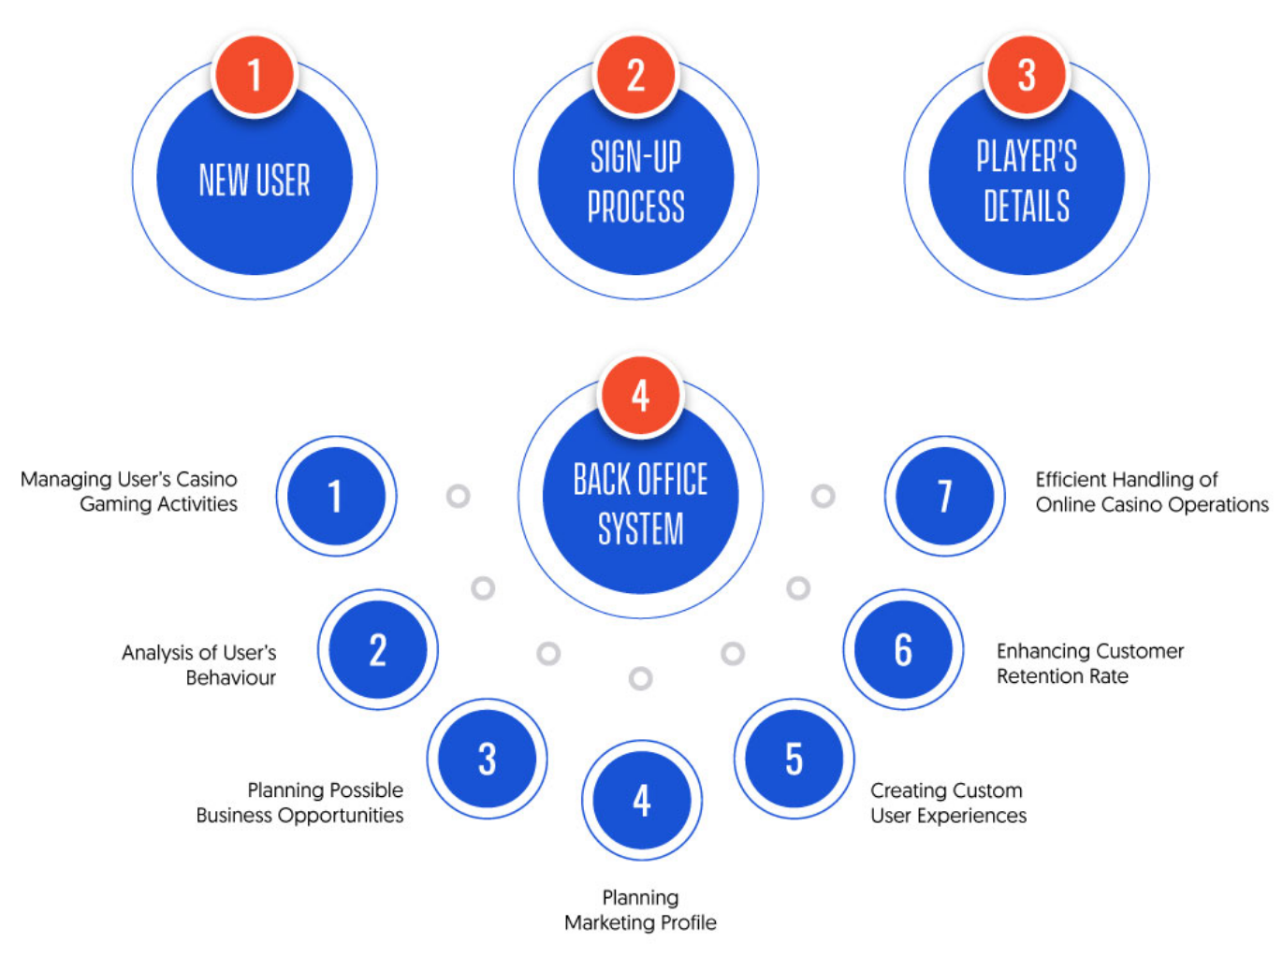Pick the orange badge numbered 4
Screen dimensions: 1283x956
pyautogui.click(x=640, y=395)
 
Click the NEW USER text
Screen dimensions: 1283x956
pyautogui.click(x=255, y=180)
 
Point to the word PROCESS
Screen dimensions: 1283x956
pyautogui.click(x=635, y=206)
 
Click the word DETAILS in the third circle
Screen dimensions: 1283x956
pyautogui.click(x=1027, y=206)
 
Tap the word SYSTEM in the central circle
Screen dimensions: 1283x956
pyautogui.click(x=640, y=529)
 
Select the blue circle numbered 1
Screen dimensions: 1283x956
pyautogui.click(x=336, y=496)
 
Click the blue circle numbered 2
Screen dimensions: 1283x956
pyautogui.click(x=377, y=649)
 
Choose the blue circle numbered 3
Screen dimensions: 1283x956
pyautogui.click(x=487, y=759)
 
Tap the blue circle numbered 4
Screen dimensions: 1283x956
pyautogui.click(x=641, y=800)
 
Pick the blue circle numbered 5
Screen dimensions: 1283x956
pyautogui.click(x=794, y=759)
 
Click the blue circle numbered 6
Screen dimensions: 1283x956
pyautogui.click(x=903, y=649)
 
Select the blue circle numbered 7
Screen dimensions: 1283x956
pyautogui.click(x=944, y=496)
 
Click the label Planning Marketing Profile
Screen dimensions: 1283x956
pyautogui.click(x=640, y=910)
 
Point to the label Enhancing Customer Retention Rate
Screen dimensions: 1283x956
pyautogui.click(x=1089, y=663)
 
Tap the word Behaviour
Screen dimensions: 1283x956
pyautogui.click(x=230, y=677)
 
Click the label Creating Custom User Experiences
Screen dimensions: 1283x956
pyautogui.click(x=948, y=803)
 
